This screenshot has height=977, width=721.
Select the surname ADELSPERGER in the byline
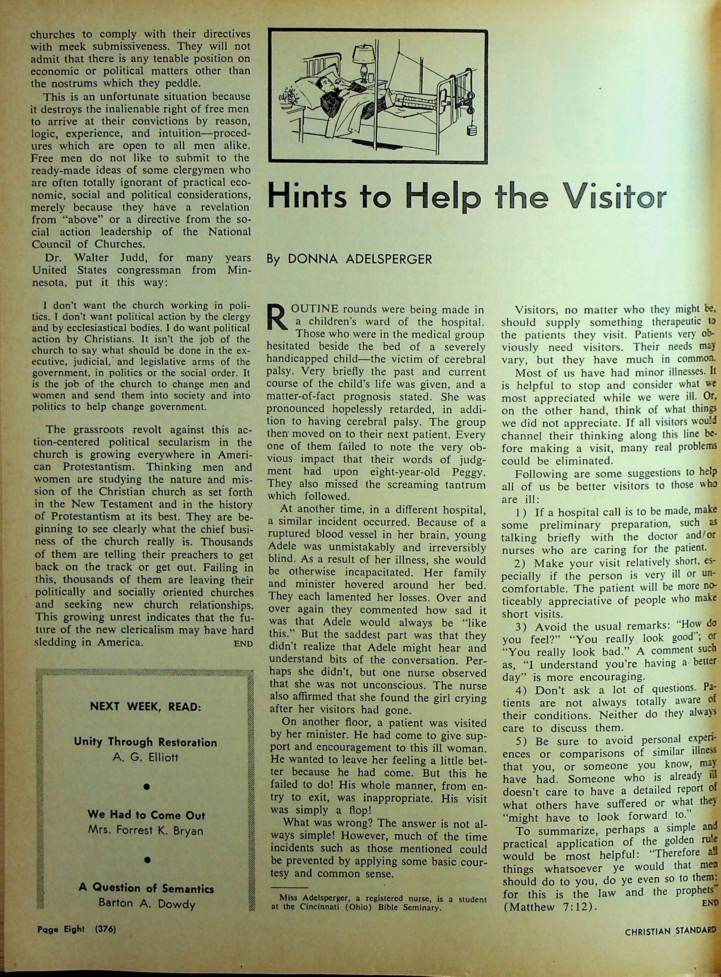(x=388, y=259)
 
